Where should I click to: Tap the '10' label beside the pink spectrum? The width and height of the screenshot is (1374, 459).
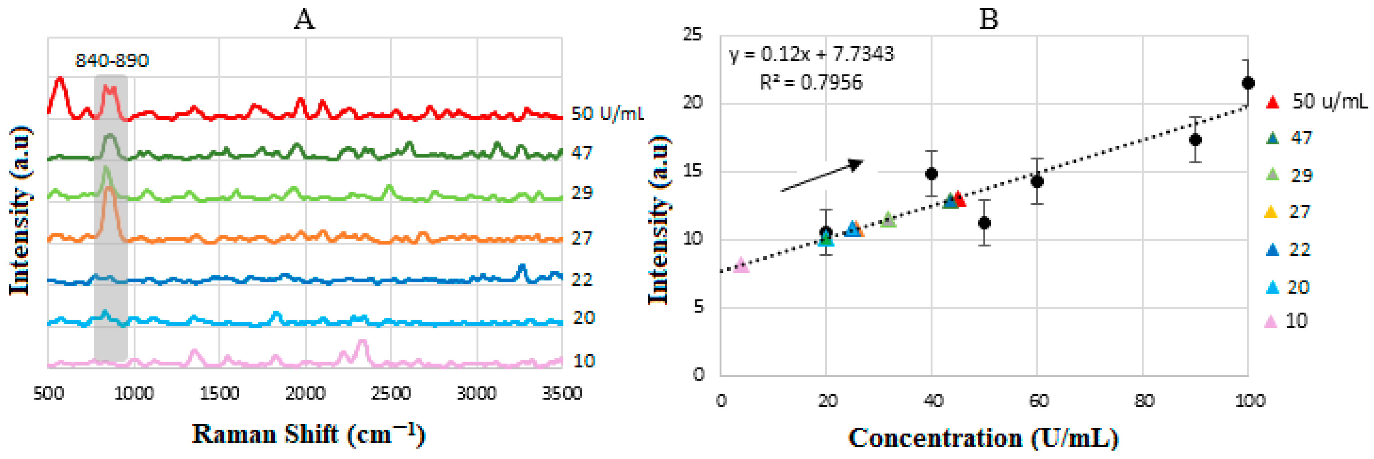(584, 361)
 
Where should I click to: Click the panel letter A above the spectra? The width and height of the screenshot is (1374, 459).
(304, 20)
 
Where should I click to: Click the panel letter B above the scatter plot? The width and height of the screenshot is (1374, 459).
(988, 20)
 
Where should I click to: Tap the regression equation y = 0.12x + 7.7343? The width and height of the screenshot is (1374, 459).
(811, 54)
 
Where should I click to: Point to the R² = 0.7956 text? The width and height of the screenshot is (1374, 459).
(811, 83)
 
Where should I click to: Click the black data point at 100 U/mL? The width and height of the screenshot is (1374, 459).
(1248, 83)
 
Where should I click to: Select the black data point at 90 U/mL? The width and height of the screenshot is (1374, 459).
(1195, 140)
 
